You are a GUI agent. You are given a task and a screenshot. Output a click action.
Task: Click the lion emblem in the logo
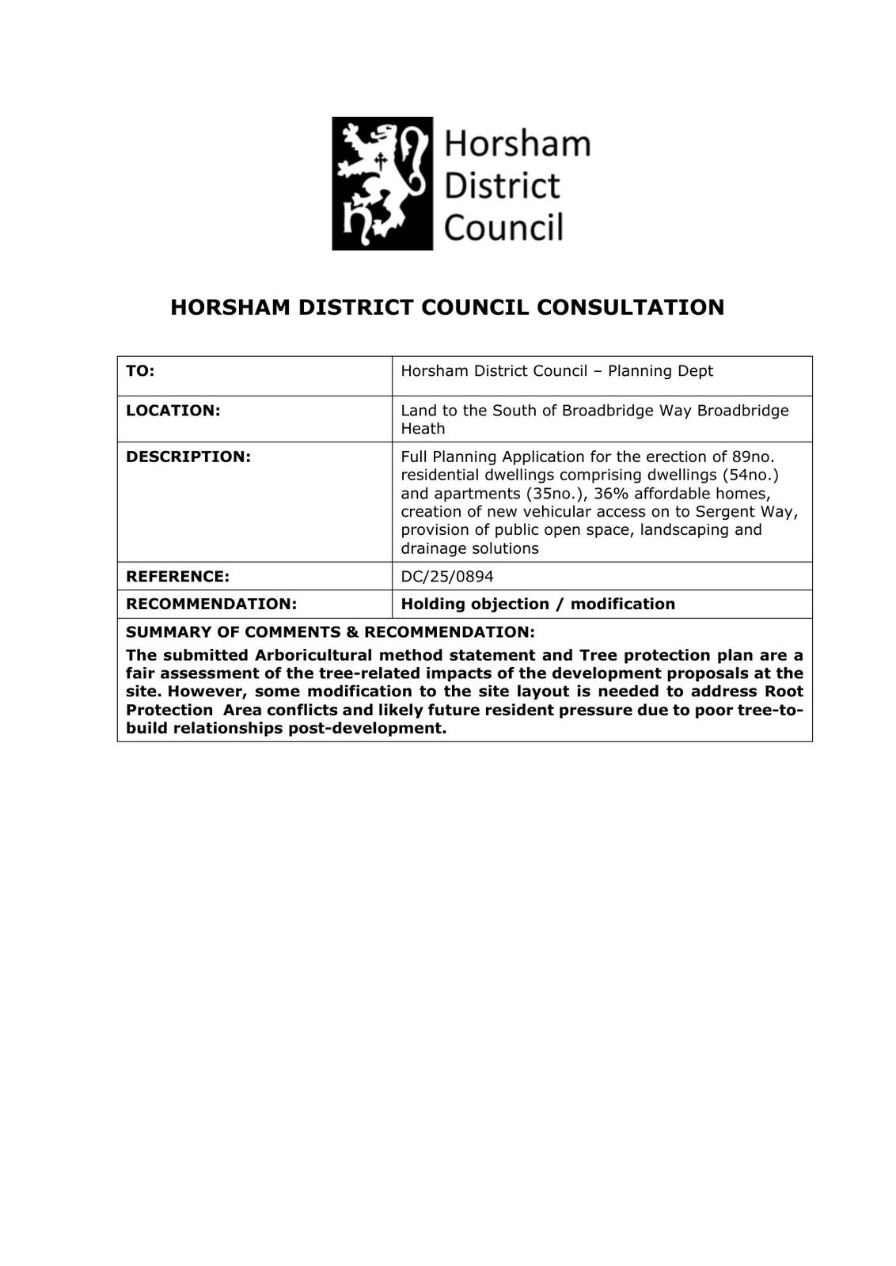pos(382,184)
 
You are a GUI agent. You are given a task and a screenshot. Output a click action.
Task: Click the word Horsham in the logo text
pos(517,145)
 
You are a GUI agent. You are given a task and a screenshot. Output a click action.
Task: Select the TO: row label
pos(140,371)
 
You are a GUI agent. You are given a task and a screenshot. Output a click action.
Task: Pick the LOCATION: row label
pos(173,411)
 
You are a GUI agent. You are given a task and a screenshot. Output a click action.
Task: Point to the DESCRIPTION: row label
pos(188,457)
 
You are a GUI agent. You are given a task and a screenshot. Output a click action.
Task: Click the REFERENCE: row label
pos(177,576)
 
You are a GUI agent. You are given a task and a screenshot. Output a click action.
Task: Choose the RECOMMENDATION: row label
pos(211,604)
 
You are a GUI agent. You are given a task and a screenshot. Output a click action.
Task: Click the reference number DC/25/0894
pos(446,576)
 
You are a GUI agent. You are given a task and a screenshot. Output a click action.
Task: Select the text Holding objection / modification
pos(537,604)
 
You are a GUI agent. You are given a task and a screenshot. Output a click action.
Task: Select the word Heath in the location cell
pos(423,429)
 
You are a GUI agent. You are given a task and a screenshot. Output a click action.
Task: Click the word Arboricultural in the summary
pos(313,655)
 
